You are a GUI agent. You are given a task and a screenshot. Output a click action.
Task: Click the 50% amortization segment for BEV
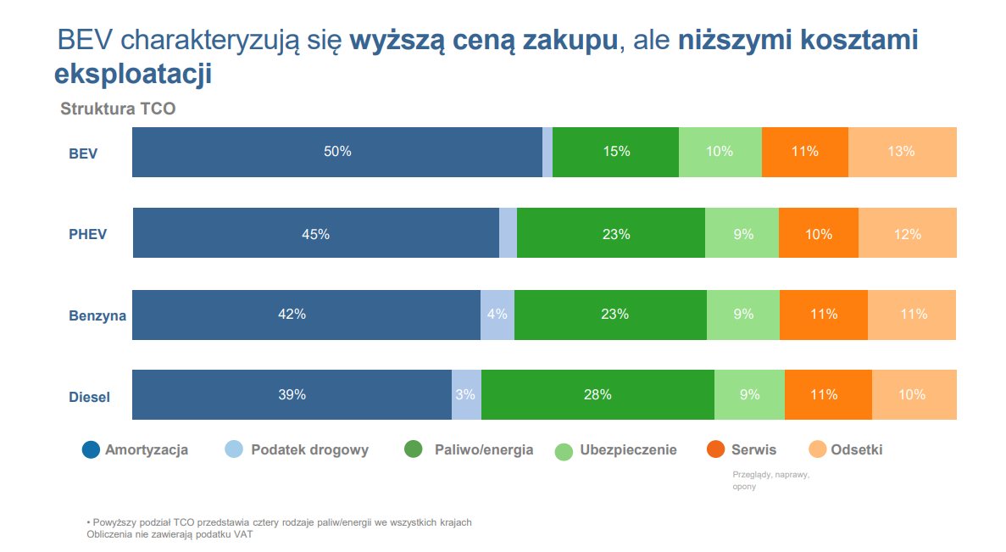coord(337,152)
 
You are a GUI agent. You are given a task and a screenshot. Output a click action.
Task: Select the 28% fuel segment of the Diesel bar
coord(597,394)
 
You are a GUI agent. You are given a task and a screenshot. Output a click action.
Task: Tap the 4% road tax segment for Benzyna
coord(497,315)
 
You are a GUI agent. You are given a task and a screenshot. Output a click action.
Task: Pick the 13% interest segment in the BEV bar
coord(902,152)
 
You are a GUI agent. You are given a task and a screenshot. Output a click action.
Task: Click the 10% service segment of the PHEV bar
coord(819,234)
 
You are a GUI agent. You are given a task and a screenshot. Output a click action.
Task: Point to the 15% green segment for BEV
coord(616,152)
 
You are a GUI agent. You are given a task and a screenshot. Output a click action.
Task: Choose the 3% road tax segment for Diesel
coord(465,394)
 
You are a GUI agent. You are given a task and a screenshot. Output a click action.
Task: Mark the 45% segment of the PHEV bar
coord(315,234)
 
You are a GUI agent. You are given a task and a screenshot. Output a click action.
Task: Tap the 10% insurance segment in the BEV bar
coord(720,152)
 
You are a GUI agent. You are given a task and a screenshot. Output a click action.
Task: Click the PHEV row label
coord(88,234)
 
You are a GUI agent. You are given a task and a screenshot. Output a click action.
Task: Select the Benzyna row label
coord(97,315)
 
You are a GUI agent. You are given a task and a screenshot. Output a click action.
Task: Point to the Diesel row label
coord(90,397)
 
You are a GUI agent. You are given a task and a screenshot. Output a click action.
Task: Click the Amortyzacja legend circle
coord(91,450)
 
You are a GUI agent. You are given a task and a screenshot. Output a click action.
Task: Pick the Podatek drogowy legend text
coord(309,450)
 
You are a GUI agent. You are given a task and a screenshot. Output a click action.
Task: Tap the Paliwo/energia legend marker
coord(413,450)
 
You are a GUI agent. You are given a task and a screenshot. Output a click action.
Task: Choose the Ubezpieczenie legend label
coord(628,450)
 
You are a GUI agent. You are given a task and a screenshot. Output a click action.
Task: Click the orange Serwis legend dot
coord(715,450)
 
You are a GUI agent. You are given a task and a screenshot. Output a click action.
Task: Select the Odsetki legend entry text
coord(857,450)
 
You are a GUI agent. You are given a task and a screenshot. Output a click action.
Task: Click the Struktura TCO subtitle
coord(118,109)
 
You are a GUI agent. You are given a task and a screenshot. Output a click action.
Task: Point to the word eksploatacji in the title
coord(133,73)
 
